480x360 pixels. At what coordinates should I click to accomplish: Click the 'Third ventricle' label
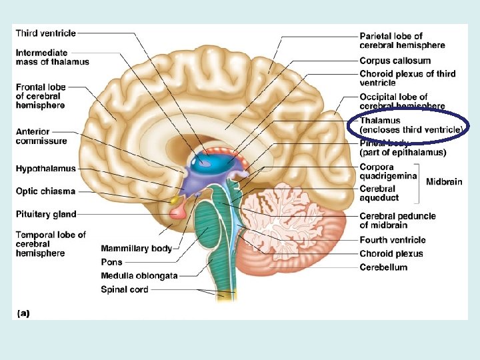coord(45,33)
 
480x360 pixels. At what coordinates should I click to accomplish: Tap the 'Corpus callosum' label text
coord(395,61)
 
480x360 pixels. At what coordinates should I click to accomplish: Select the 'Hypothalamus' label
coord(46,169)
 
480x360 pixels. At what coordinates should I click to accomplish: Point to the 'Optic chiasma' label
coord(45,191)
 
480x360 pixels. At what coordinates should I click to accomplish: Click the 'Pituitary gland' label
coord(46,214)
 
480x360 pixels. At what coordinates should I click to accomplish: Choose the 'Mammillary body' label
coord(136,249)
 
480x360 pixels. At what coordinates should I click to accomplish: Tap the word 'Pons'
coord(111,262)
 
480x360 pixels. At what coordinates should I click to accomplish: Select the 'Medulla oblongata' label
coord(139,276)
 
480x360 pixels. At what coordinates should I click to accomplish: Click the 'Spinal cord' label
coord(124,289)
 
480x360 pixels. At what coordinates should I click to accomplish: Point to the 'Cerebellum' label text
coord(383,267)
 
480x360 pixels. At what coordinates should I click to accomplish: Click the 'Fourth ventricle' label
coord(393,240)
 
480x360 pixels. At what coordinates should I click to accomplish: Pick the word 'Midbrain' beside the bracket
coord(444,181)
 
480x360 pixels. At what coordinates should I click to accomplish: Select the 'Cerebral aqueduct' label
coord(379,193)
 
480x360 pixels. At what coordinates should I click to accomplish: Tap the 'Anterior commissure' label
coord(41,136)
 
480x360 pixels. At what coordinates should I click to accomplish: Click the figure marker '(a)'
coord(21,313)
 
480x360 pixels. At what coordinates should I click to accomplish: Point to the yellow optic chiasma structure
coord(175,199)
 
